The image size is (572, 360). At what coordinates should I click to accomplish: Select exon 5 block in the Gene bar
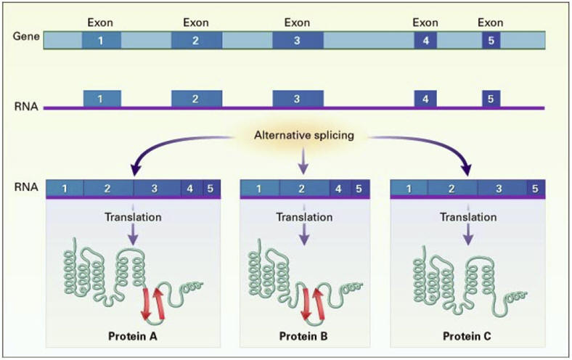click(491, 41)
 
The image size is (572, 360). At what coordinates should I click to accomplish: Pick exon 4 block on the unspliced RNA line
click(425, 98)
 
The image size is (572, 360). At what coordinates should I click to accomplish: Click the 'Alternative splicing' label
click(303, 135)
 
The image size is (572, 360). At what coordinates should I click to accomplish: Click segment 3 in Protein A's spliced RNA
click(155, 189)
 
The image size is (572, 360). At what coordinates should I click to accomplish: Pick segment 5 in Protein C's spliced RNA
click(534, 189)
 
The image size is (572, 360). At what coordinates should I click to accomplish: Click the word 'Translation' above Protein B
click(305, 216)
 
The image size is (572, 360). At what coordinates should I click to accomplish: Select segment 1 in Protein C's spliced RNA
click(409, 189)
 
